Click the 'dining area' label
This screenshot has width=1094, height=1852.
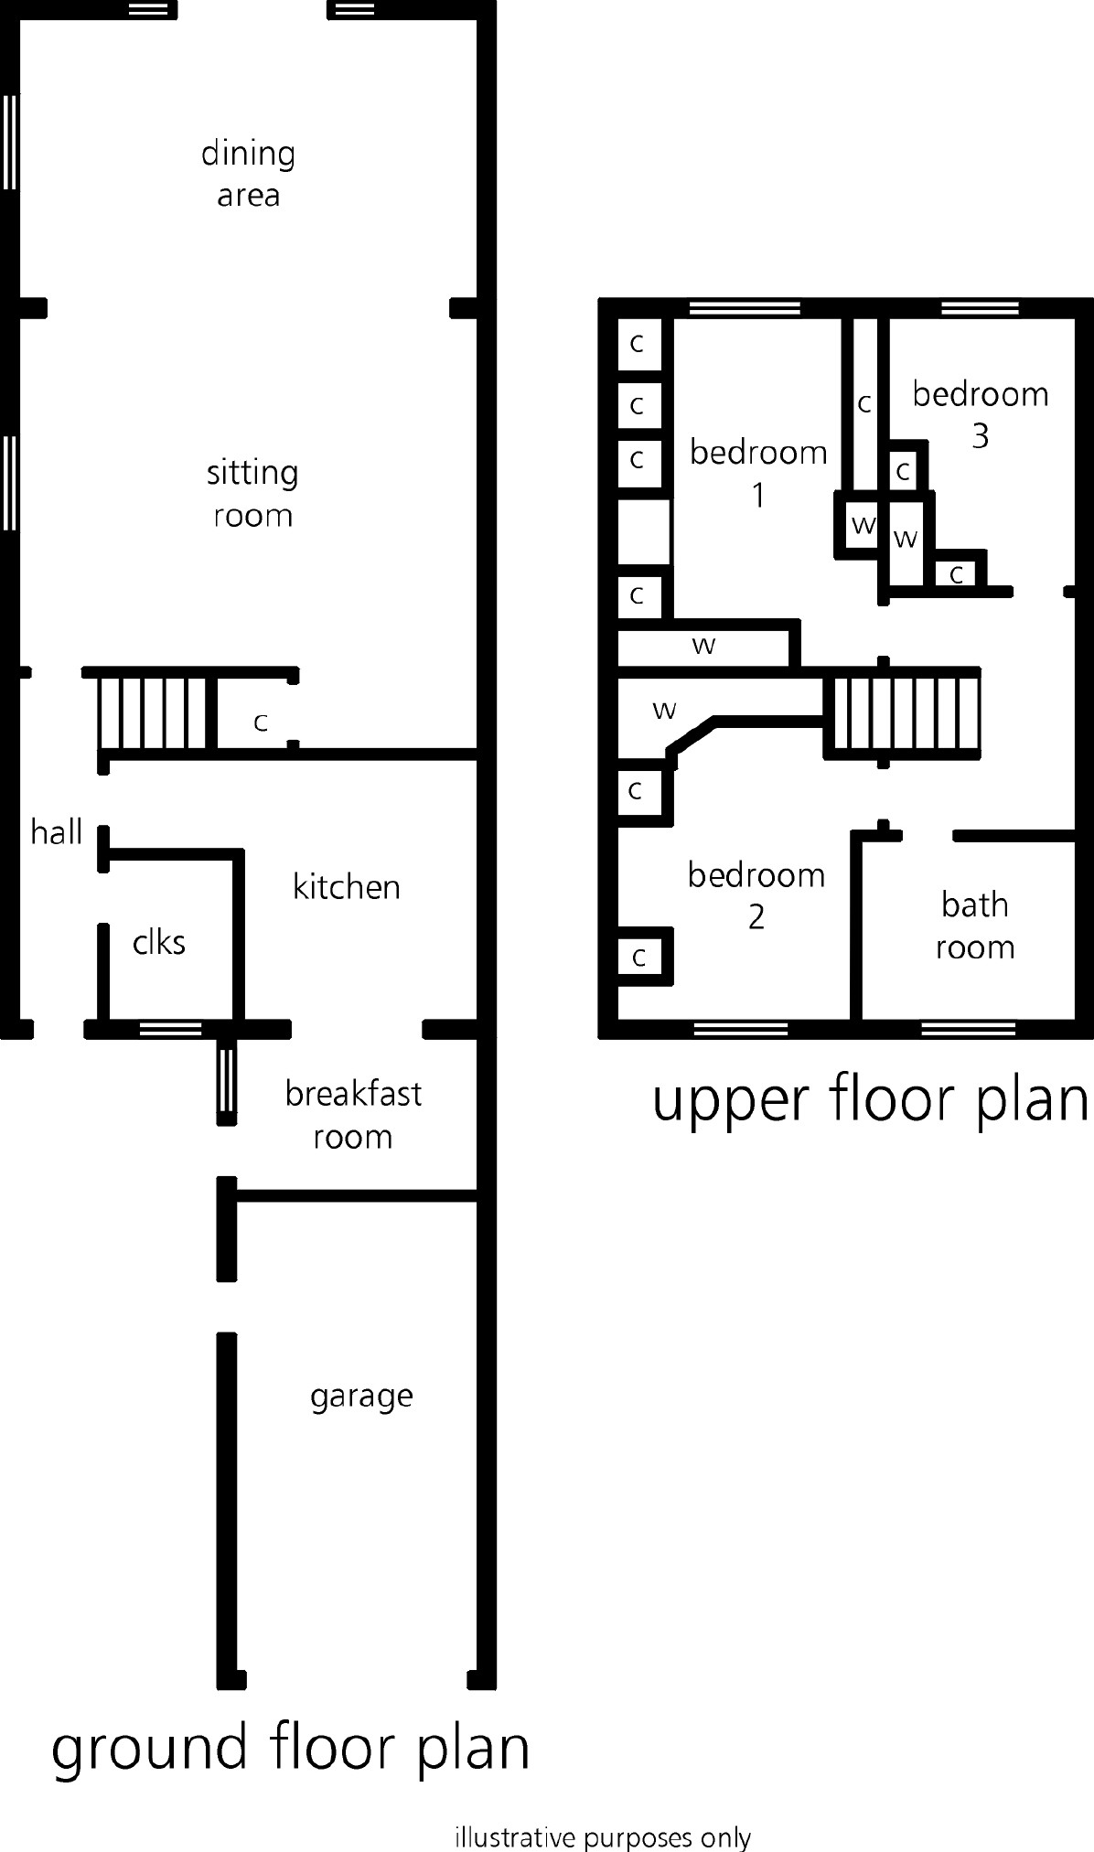248,174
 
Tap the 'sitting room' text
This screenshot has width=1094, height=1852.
252,494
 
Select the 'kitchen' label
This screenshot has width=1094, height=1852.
347,887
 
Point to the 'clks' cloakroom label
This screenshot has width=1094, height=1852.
159,942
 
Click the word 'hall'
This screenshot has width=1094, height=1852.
57,832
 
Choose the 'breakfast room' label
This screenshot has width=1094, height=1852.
353,1115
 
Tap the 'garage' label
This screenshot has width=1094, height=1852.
361,1397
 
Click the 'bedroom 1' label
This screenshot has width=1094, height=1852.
758,473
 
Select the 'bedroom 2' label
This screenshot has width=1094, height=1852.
756,896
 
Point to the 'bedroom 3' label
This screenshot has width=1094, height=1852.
981,414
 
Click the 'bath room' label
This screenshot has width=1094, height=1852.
975,926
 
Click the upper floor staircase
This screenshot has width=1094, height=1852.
904,713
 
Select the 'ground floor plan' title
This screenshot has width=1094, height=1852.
291,1749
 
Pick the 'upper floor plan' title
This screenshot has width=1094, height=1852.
870,1099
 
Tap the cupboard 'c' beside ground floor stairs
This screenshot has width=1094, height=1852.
261,723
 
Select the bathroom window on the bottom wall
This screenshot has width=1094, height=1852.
968,1030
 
